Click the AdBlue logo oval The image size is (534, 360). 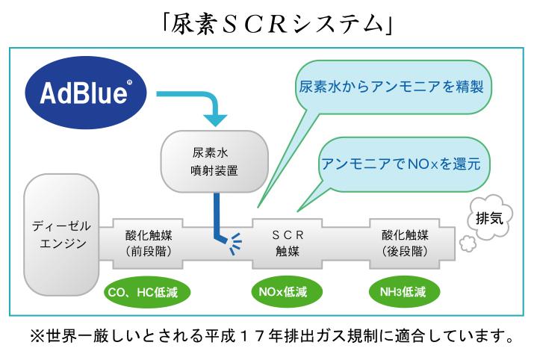coord(86,93)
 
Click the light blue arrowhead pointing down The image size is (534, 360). coord(215,120)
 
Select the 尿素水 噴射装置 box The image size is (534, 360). coord(214,161)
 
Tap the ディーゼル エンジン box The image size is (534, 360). coord(61,235)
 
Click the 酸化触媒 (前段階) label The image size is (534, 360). coord(149,243)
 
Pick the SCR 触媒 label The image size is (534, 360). coord(288,243)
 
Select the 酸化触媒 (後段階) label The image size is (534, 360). coord(405,243)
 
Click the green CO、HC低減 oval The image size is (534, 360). coord(146,292)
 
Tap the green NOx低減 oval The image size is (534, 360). coord(286,292)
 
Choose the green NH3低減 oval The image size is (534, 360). coord(404,292)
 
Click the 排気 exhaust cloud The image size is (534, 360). coord(490,217)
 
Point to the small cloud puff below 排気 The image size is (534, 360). coord(468,244)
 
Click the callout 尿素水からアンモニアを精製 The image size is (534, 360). coord(391,87)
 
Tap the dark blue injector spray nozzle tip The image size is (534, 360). coord(227,240)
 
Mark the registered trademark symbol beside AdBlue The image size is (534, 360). coord(129,82)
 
